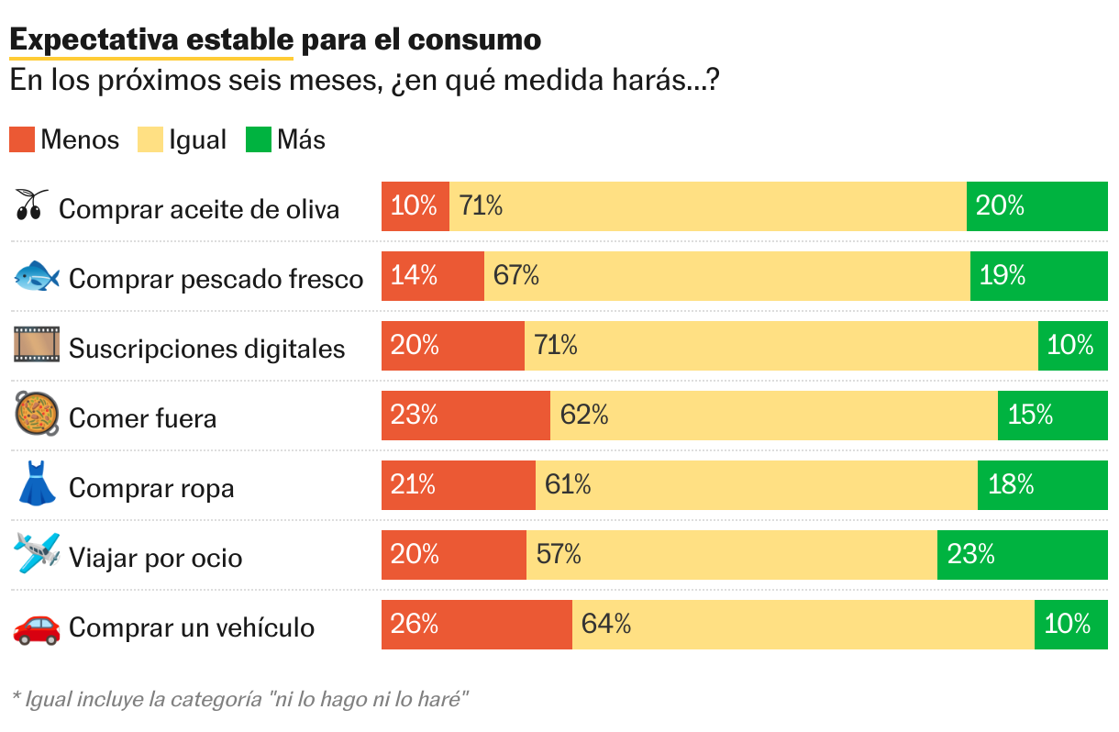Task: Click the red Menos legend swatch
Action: point(22,139)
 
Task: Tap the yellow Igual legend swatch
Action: point(150,139)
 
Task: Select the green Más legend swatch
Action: point(259,139)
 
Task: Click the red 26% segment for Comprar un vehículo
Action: point(477,625)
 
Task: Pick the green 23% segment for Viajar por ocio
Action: point(1022,555)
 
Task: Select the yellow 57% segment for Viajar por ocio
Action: point(732,555)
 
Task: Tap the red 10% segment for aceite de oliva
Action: point(415,206)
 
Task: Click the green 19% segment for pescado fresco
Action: point(1038,276)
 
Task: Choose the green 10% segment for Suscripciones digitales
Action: point(1072,346)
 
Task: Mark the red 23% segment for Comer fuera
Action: point(466,416)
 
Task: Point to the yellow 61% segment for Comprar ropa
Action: point(757,485)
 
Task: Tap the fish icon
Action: point(37,276)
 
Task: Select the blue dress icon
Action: point(37,484)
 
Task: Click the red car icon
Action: point(37,627)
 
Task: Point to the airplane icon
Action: point(37,553)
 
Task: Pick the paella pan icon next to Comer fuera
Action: point(37,415)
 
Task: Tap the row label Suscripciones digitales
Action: point(207,349)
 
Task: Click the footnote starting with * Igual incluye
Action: point(240,699)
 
